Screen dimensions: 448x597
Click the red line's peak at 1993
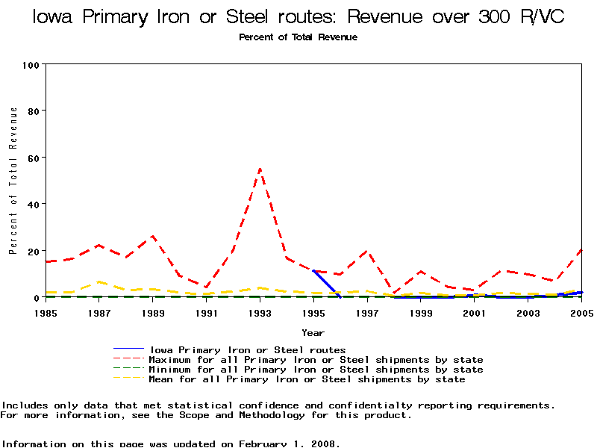(260, 169)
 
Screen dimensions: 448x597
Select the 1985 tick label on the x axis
(46, 312)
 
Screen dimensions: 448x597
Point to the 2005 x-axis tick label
(581, 312)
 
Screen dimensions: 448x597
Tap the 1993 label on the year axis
(260, 312)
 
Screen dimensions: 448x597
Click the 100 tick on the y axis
(30, 65)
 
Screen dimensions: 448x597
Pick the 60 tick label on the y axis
(33, 158)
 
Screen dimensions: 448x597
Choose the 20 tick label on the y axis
(33, 251)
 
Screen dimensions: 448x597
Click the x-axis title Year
(313, 332)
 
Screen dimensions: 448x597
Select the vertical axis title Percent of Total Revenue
(13, 180)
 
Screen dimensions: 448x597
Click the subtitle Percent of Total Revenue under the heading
(298, 37)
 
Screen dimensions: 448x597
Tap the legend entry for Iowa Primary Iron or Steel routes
(248, 349)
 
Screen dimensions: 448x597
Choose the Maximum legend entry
(316, 360)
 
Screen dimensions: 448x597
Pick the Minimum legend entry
(316, 370)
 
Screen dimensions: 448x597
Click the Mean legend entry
(307, 379)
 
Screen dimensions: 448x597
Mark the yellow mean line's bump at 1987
(99, 282)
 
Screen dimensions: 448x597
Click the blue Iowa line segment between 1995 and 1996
(326, 282)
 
